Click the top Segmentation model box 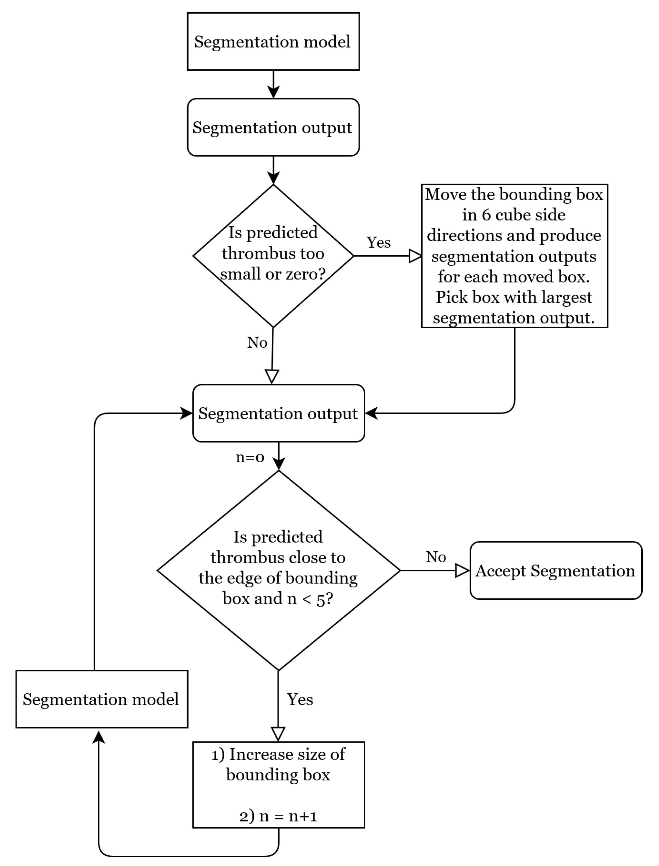[x=273, y=42]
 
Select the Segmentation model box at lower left [x=102, y=699]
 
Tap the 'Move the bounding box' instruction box [x=514, y=256]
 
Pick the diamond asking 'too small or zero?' [x=273, y=256]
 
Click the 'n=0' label [x=250, y=457]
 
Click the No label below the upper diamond [x=257, y=343]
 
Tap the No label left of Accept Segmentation [x=436, y=557]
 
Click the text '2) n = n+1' [x=278, y=816]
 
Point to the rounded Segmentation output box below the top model [x=273, y=128]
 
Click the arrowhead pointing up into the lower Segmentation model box [x=99, y=737]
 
